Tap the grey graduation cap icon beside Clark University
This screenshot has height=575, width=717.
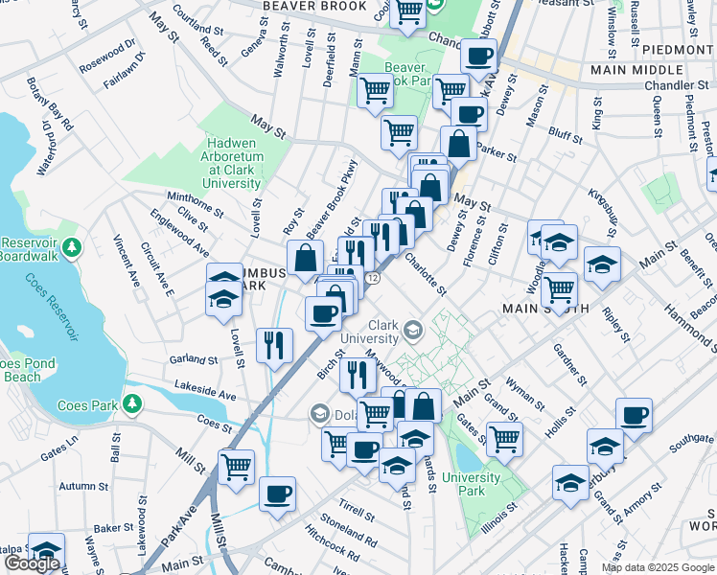(412, 331)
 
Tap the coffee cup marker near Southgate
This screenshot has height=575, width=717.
(633, 416)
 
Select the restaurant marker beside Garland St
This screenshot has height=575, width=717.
(275, 346)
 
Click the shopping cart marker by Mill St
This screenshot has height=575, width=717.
(236, 467)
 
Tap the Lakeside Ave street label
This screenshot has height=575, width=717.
(205, 393)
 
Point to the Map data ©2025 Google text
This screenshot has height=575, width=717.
(659, 567)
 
